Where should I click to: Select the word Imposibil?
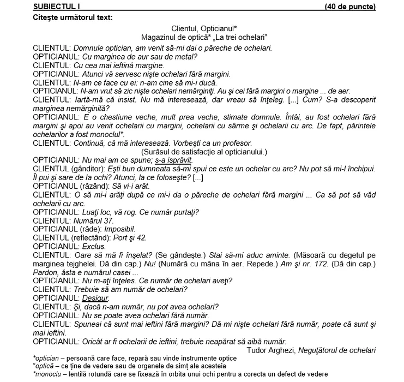tap(120, 229)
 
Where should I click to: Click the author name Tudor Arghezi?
tap(272, 349)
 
